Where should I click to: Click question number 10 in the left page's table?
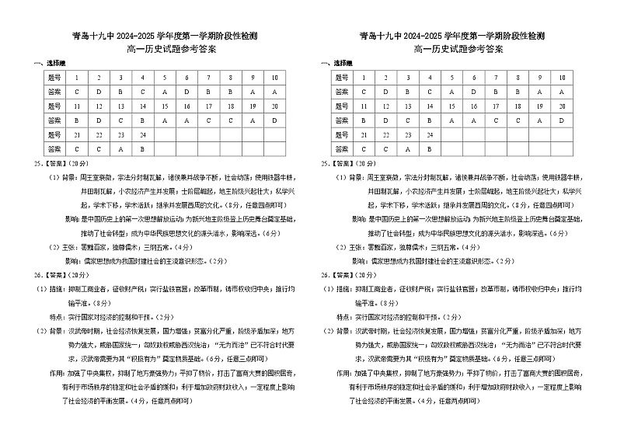pos(275,78)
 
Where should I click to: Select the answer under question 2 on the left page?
pos(98,92)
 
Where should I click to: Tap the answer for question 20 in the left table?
pos(275,120)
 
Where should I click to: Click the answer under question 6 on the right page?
pos(474,92)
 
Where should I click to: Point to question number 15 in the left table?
pos(165,106)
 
